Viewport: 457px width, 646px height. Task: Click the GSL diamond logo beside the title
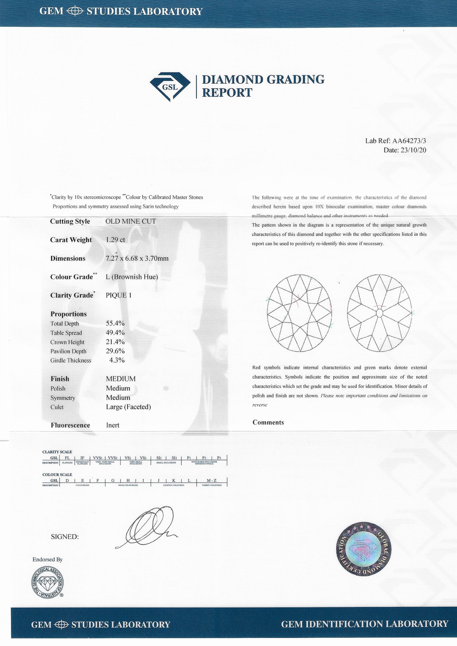tap(168, 86)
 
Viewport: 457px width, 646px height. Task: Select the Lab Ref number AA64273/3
tap(409, 141)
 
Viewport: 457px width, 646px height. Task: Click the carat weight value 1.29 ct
tap(115, 240)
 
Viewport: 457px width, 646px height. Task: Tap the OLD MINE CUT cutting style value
tap(130, 221)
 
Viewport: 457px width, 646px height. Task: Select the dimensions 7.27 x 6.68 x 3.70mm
tap(137, 258)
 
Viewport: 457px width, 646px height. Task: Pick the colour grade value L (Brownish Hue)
tap(132, 277)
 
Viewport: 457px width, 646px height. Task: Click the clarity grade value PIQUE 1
tap(118, 295)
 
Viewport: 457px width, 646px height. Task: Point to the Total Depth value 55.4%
tap(115, 323)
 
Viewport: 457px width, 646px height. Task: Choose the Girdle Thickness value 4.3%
tap(117, 360)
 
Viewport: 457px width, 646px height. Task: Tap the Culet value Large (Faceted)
tap(128, 407)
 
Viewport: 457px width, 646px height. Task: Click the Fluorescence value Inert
tap(113, 425)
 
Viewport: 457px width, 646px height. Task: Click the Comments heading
tap(268, 422)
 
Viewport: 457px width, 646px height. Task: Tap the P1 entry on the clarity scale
tap(189, 458)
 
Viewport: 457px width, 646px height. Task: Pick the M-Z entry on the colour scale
tap(212, 480)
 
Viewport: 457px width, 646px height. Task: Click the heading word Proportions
tap(69, 314)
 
